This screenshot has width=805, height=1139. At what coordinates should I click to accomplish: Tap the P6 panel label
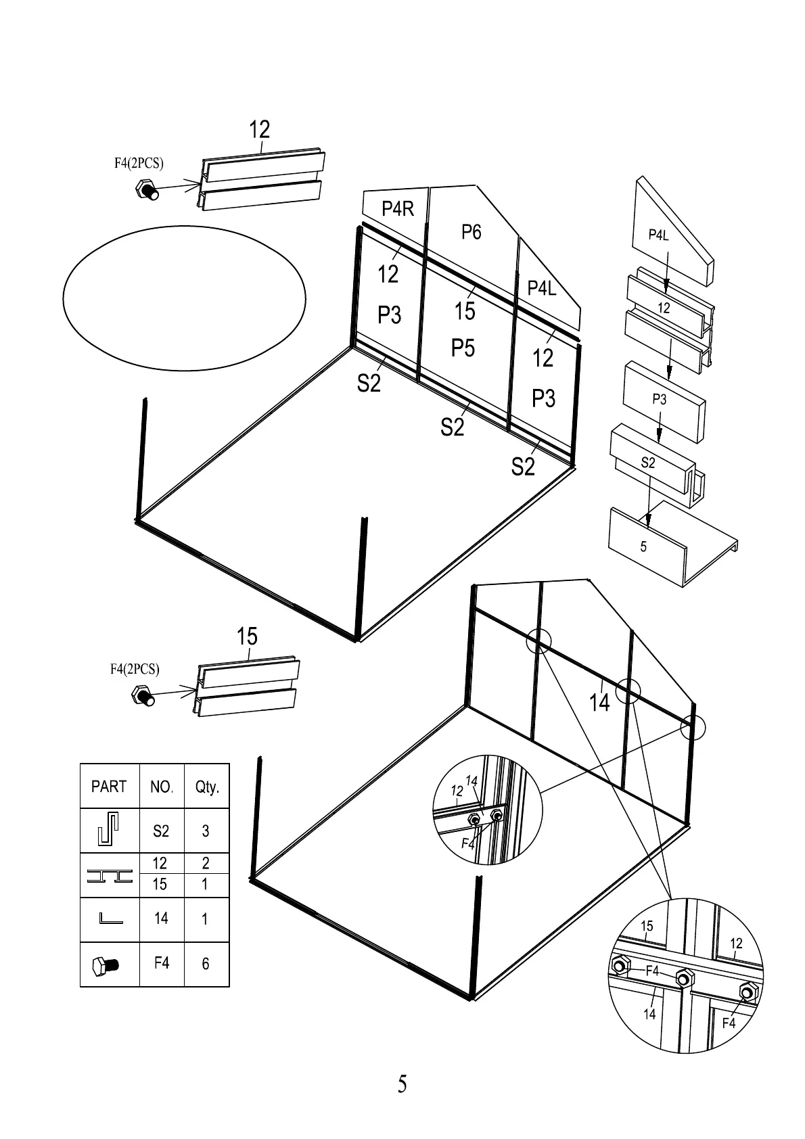coord(471,232)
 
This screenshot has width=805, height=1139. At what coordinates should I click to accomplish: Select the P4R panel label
coord(397,209)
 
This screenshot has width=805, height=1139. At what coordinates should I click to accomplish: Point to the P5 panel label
coord(463,348)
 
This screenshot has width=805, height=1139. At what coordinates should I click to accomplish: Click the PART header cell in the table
coord(109,787)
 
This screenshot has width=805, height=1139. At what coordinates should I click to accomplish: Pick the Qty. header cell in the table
coord(207,787)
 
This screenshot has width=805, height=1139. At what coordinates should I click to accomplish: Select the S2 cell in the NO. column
coord(161,831)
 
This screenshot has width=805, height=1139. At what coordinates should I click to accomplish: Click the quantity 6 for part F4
coord(206,963)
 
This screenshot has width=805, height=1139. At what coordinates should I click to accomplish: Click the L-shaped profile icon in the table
coord(110,919)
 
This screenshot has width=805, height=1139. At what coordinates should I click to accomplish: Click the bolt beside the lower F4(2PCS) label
coord(142,695)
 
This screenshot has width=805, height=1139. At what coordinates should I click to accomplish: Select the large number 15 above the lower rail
coord(247,636)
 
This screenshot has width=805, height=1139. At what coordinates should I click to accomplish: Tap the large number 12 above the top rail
coord(259,129)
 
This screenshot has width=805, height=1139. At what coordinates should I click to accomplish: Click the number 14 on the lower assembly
coord(599,703)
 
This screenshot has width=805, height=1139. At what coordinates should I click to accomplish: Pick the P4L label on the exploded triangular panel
coord(658,235)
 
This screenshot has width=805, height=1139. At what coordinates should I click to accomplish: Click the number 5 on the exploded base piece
coord(643,547)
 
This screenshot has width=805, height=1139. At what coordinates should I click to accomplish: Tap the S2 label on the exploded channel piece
coord(647,463)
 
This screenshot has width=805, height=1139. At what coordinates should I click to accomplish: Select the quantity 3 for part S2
coord(206,831)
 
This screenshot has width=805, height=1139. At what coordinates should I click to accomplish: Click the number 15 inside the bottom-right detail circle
coord(647,926)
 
